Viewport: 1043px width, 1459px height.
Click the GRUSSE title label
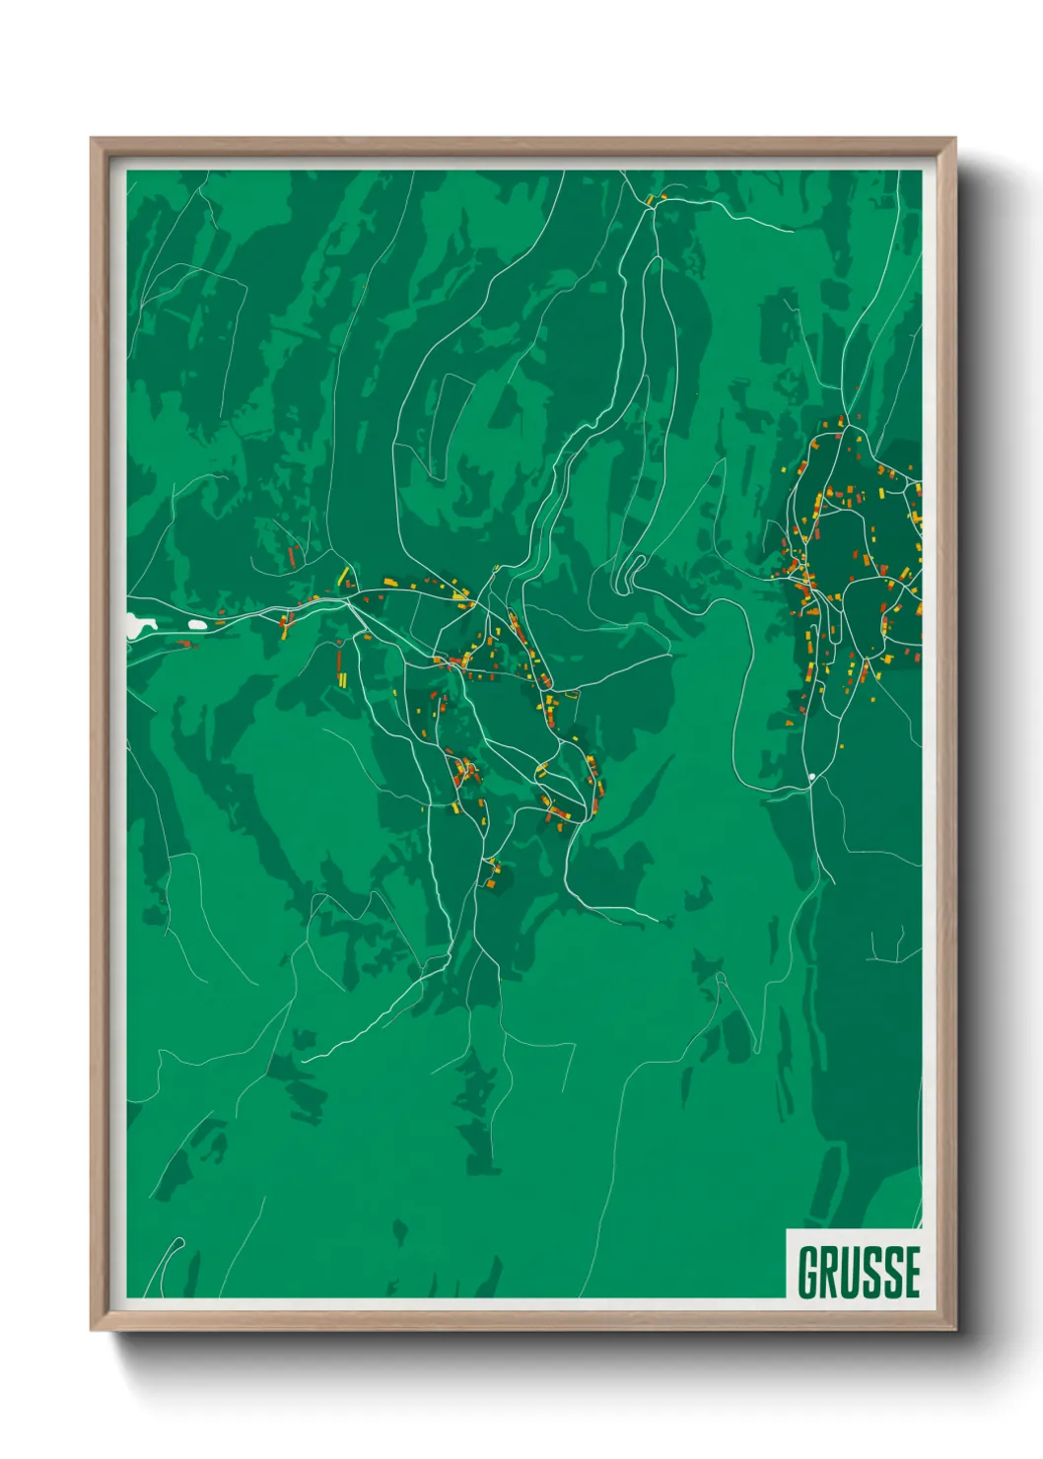[x=859, y=1272]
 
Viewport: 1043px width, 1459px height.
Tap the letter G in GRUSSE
[x=809, y=1273]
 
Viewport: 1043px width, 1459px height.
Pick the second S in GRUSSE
[x=895, y=1273]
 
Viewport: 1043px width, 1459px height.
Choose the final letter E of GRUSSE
[x=913, y=1273]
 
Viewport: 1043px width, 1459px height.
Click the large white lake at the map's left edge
[x=138, y=624]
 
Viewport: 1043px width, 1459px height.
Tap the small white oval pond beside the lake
[x=197, y=624]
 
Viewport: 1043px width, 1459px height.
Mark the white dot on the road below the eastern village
[x=811, y=778]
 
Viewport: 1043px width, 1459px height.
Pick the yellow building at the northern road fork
[x=650, y=200]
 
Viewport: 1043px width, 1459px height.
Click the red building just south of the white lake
[x=184, y=644]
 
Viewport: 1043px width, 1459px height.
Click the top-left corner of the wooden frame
[x=93, y=140]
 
